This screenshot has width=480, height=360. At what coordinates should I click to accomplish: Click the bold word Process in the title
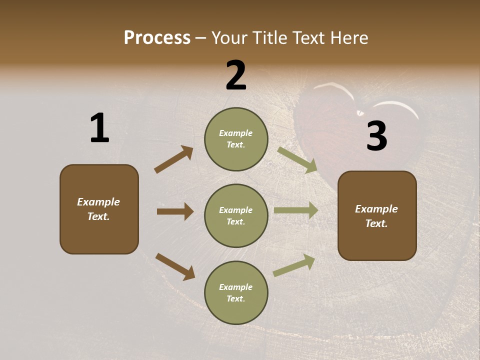pos(157,38)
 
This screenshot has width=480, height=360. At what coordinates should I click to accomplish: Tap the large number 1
pos(99,128)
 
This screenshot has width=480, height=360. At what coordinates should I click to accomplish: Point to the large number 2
pos(236,75)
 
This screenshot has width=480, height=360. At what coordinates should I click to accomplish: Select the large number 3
pos(376,136)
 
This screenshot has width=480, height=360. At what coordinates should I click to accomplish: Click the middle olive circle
pos(236,215)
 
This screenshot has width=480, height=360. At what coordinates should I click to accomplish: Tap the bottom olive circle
pos(236,292)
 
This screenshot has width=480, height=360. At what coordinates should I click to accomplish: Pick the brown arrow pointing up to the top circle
pos(173,159)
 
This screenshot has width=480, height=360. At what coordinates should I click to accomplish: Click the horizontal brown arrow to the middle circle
pos(175,211)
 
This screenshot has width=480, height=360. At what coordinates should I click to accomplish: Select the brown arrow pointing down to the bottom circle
pos(175,266)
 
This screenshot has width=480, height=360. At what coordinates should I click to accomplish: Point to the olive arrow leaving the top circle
pos(297,160)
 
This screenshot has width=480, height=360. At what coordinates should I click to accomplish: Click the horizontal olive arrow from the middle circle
pos(296,210)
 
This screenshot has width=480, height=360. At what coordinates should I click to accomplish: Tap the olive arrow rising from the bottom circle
pos(294,265)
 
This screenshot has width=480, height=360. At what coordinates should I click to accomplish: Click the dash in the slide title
pos(201,38)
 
